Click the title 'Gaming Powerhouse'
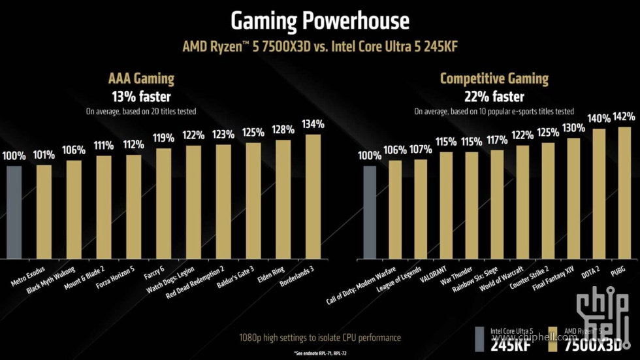(319, 21)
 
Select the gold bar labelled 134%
(313, 196)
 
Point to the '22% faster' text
(494, 97)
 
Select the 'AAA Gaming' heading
(141, 79)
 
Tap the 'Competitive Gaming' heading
(494, 79)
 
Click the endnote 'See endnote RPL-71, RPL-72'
(319, 353)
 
